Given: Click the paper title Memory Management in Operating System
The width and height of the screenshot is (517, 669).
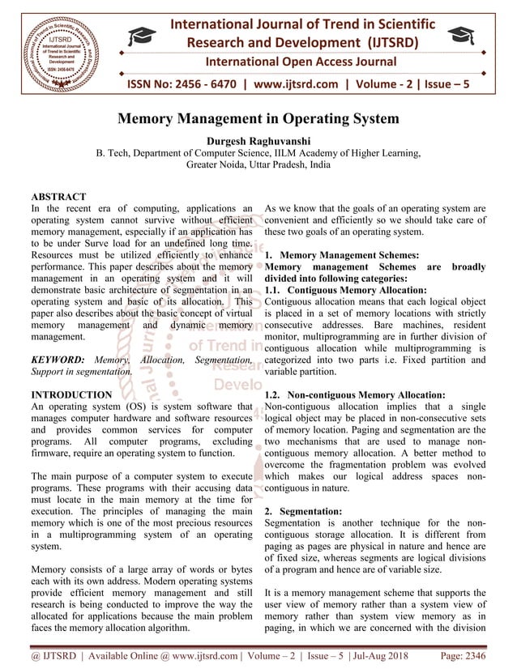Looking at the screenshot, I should (258, 119).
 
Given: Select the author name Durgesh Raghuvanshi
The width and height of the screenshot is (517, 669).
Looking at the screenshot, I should (258, 139).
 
